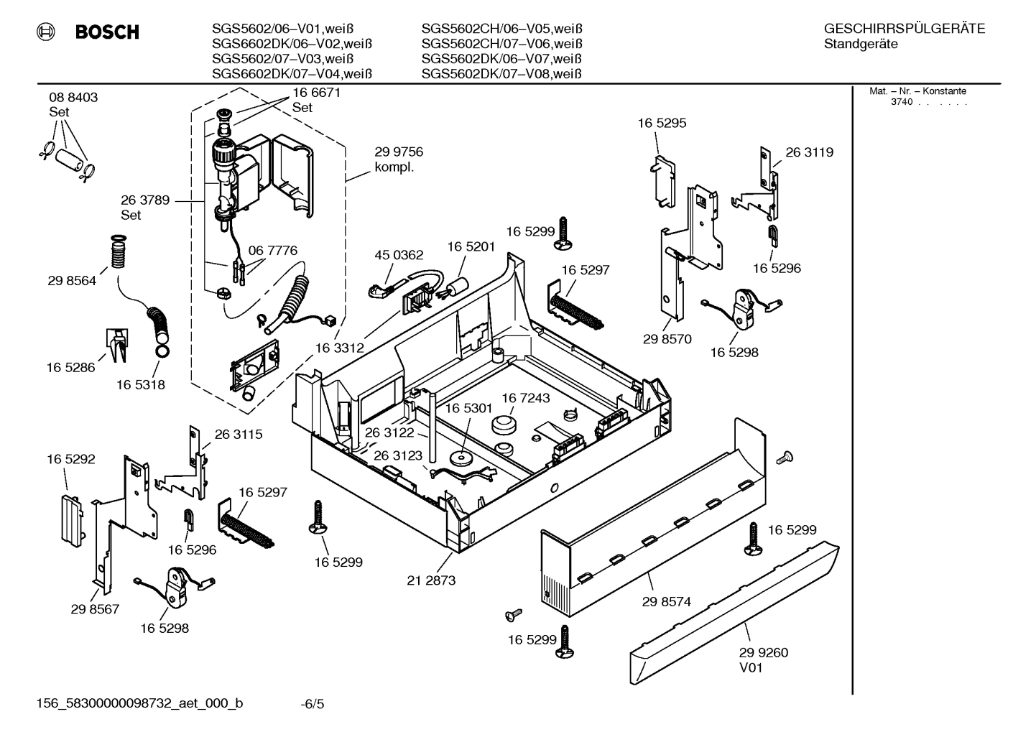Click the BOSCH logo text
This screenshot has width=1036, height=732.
coord(106,32)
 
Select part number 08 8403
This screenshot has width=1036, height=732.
coord(73,97)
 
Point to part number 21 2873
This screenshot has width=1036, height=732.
coord(431,580)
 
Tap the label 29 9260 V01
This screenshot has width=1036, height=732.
coord(763,659)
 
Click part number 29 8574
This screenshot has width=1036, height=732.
coord(666,602)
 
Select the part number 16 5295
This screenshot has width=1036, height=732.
coord(662,123)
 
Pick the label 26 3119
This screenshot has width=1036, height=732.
coord(809,152)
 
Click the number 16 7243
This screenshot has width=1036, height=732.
coord(525,398)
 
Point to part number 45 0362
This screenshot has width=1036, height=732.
coord(399,255)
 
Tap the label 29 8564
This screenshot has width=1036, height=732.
coord(72,281)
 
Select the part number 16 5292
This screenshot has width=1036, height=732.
coord(71,459)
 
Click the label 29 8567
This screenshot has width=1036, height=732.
coord(95,609)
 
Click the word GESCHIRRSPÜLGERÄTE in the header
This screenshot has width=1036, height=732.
coord(904,29)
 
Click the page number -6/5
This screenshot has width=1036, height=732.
coord(313,704)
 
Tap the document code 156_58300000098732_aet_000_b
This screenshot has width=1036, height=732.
coord(139,703)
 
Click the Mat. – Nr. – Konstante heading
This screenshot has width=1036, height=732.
coord(917,91)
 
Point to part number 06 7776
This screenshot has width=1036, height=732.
coord(272,251)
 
